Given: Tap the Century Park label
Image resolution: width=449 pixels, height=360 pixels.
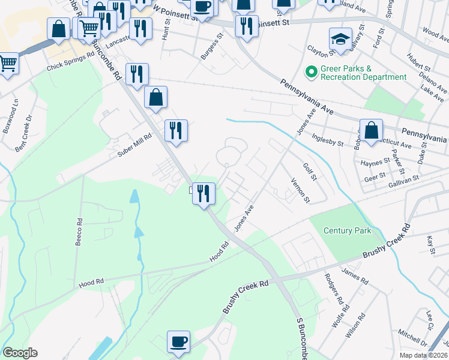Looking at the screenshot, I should point(347,230).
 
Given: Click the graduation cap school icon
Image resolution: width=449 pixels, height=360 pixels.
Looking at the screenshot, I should point(340,39).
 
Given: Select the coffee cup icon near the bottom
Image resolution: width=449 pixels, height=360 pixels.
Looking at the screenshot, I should point(178,341).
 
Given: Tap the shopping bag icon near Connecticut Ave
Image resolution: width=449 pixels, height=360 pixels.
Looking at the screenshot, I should point(371,130).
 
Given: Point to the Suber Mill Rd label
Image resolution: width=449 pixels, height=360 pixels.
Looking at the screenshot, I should point(135,145).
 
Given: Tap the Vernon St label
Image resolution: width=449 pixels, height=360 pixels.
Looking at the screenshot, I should point(300,191).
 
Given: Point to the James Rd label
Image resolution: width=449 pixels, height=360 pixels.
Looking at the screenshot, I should point(354,275).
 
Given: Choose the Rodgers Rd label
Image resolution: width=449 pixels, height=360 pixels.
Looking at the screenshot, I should point(333,289).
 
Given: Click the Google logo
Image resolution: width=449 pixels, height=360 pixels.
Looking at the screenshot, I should point(20,353).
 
